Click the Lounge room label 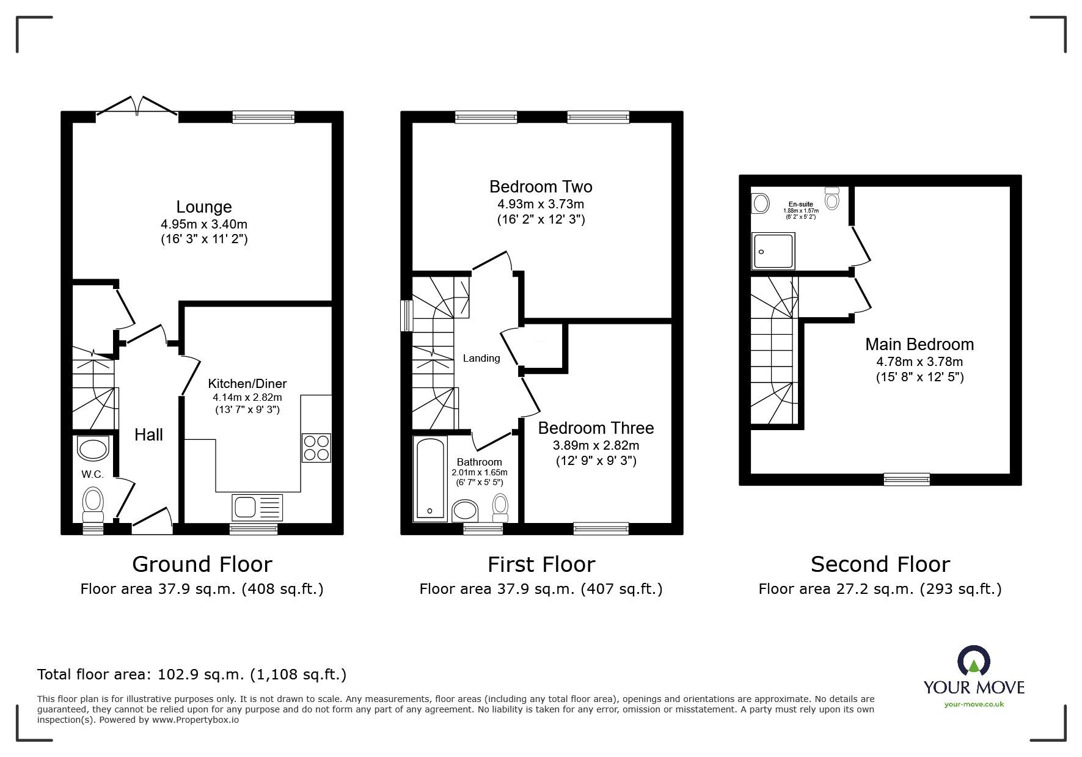click(203, 207)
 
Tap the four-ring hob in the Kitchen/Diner click(316, 448)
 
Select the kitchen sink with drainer click(257, 507)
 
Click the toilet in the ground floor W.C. click(93, 501)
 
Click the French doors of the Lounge click(137, 106)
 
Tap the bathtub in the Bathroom click(431, 479)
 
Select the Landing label click(481, 359)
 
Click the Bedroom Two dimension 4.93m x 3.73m click(541, 204)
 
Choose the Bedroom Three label click(596, 428)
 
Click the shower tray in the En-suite click(773, 251)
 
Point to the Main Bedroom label click(919, 345)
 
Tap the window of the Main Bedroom click(907, 480)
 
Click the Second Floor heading click(880, 565)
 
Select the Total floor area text click(192, 675)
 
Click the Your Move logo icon click(973, 661)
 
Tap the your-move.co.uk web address click(974, 704)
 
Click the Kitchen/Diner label click(247, 384)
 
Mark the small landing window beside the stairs click(406, 315)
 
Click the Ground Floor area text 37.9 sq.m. click(202, 589)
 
